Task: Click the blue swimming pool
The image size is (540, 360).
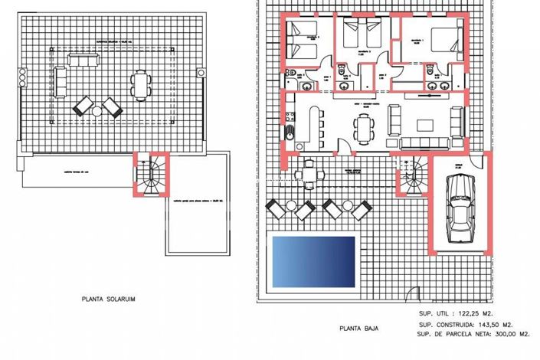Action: click(313, 261)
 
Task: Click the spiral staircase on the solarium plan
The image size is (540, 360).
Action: click(153, 174)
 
